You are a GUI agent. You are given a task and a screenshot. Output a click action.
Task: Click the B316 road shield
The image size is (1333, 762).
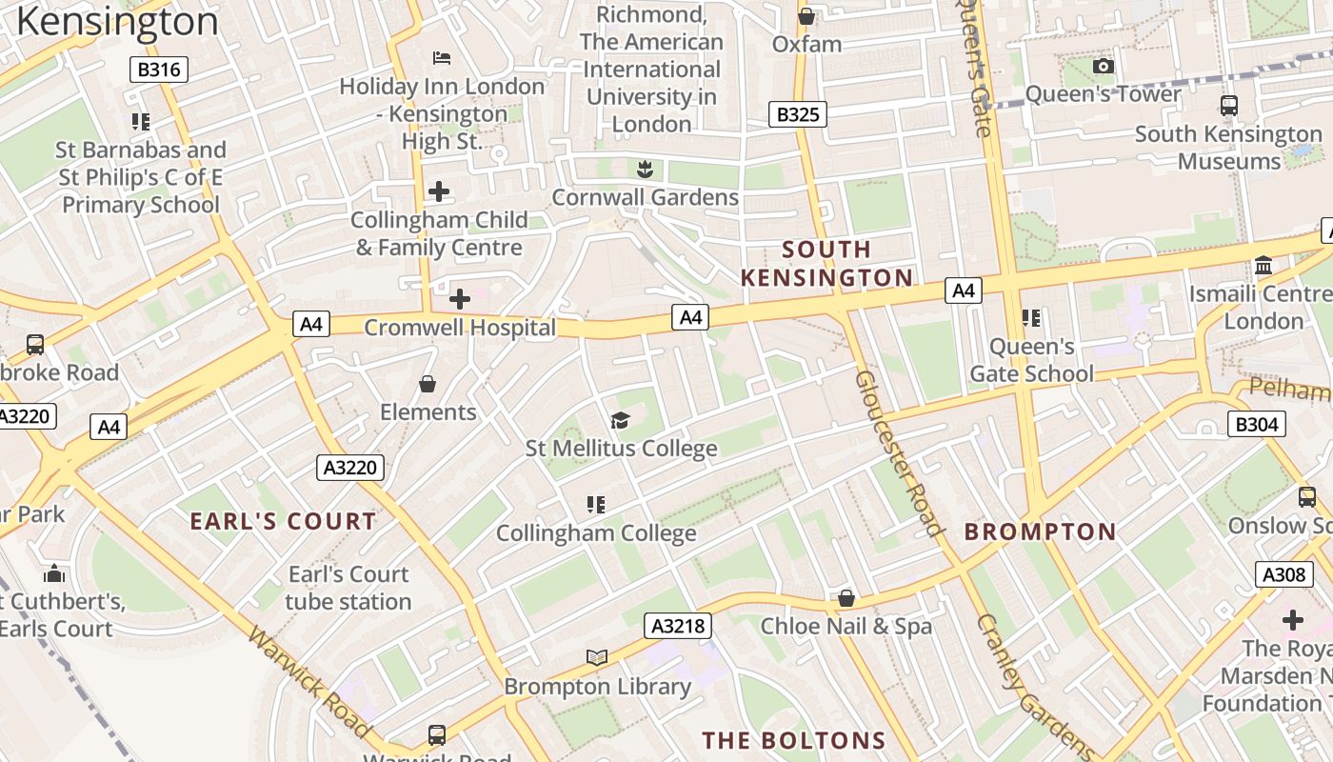point(159,70)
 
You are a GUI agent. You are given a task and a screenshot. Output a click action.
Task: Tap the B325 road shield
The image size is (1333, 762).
point(798,115)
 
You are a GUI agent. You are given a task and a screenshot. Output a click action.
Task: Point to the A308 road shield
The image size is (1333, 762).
point(1283,574)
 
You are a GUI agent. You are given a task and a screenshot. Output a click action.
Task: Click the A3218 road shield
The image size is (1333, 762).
point(679,626)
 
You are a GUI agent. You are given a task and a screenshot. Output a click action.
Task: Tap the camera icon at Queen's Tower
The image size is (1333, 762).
point(1104,66)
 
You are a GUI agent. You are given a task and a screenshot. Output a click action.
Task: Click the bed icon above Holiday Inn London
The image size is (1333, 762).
point(442,58)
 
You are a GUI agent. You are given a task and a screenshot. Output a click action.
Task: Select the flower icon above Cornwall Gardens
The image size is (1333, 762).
point(645,170)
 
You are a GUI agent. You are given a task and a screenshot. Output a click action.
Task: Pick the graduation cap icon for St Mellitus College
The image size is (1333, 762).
point(620,420)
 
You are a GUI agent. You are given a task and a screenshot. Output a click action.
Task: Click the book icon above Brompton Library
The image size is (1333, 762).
point(597,658)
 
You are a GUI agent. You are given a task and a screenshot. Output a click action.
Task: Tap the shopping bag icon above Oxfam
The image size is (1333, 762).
point(806,16)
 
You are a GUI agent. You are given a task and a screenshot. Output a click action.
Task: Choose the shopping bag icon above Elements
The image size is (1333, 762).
point(428,384)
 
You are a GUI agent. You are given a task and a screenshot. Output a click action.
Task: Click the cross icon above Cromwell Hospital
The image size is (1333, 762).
point(460,299)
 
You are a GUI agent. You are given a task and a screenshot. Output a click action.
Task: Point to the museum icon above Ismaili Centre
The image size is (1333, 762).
point(1263,266)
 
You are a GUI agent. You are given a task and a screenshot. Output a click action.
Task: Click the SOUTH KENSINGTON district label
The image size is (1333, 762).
point(826,264)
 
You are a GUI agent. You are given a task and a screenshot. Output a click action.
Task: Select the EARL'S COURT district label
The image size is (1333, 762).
point(283,521)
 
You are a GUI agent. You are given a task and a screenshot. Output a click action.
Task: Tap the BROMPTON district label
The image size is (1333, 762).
point(1040,531)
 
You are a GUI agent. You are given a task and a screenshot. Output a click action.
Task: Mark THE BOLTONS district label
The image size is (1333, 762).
point(794,740)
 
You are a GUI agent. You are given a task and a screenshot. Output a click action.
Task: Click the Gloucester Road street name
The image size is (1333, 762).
point(898,453)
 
